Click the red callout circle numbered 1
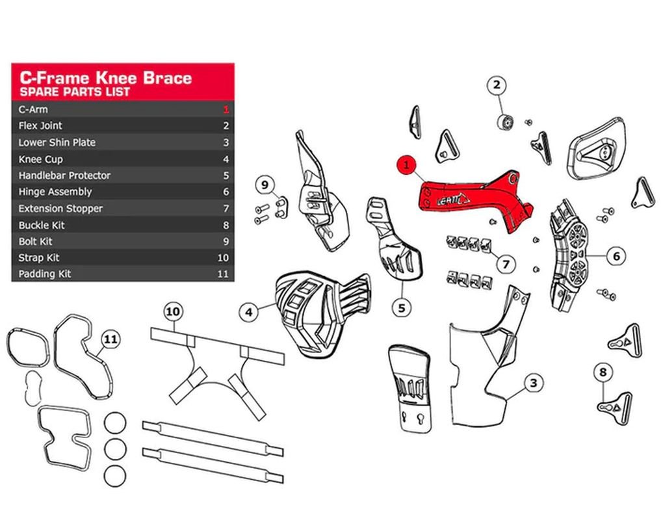tap(407, 165)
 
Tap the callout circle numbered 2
tap(497, 85)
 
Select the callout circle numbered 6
tap(616, 255)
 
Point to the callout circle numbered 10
tap(172, 311)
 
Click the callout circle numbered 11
tap(110, 339)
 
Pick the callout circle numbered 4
tap(248, 313)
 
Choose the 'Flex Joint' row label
tap(40, 125)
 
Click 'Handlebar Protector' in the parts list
tap(64, 175)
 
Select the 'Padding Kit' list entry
tap(45, 274)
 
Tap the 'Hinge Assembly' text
tap(55, 192)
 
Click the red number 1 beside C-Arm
tap(226, 109)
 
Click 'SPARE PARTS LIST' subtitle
tap(74, 92)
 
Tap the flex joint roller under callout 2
tap(505, 122)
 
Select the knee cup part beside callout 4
tap(321, 313)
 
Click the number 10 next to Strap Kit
tap(223, 258)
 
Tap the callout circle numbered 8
tap(603, 372)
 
